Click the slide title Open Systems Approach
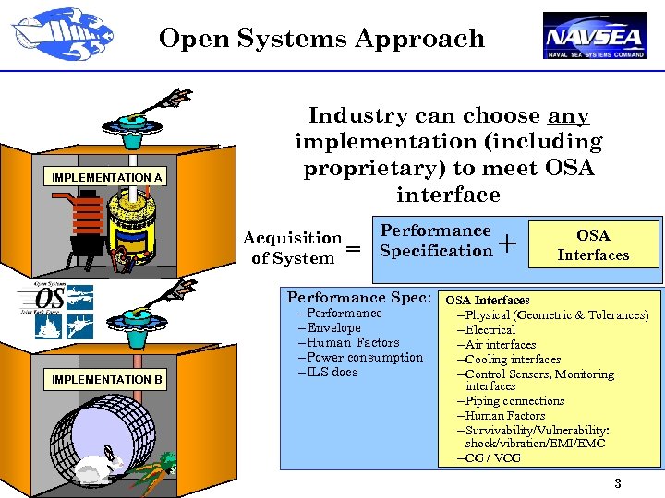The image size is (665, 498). point(321,39)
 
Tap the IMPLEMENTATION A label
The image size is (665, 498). point(107,177)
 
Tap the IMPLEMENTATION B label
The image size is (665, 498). point(107,379)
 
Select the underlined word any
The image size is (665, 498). point(568,116)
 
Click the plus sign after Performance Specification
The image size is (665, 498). point(507,243)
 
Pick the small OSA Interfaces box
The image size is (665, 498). point(593,244)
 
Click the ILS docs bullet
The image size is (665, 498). point(329,373)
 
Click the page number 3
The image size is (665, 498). point(618,484)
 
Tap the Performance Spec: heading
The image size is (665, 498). point(359,298)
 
